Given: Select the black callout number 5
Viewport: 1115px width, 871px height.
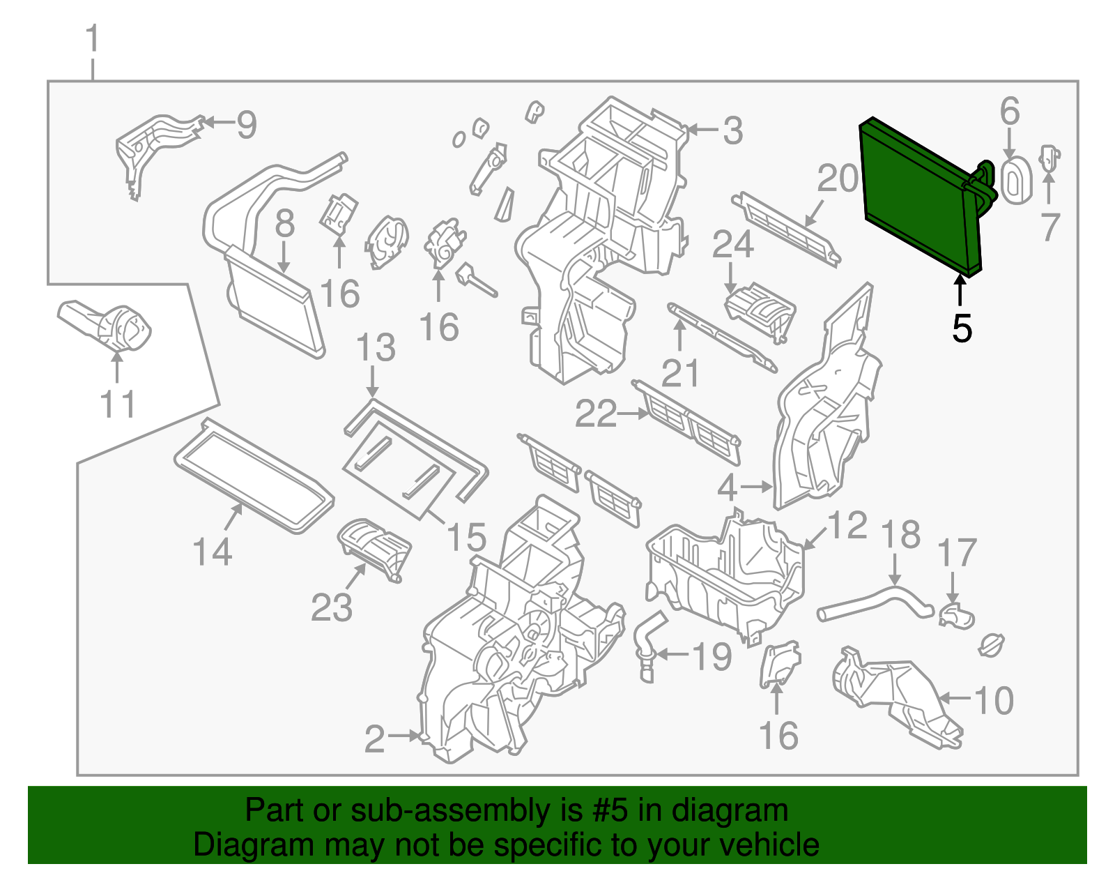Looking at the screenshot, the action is [962, 328].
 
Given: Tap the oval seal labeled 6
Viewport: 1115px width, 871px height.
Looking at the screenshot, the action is [1015, 180].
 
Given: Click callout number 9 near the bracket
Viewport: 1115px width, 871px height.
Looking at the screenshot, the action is [247, 125].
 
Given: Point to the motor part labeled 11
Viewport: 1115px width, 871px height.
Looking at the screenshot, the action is [111, 328].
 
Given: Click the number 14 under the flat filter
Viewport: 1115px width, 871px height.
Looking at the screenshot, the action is [213, 552].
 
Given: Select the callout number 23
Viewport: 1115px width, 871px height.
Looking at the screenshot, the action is [332, 607].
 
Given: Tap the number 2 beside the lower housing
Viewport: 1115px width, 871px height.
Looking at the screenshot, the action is [375, 739].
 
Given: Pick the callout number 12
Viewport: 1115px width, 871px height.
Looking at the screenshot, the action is [847, 525].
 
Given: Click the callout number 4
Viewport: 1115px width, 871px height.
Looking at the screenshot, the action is [727, 487].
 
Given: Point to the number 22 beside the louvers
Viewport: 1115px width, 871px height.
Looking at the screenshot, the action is [597, 414].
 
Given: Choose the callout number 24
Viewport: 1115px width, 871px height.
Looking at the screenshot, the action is [733, 245].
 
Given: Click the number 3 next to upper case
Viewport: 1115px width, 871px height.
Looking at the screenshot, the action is [732, 130].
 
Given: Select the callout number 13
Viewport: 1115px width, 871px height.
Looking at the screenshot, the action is [376, 348].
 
